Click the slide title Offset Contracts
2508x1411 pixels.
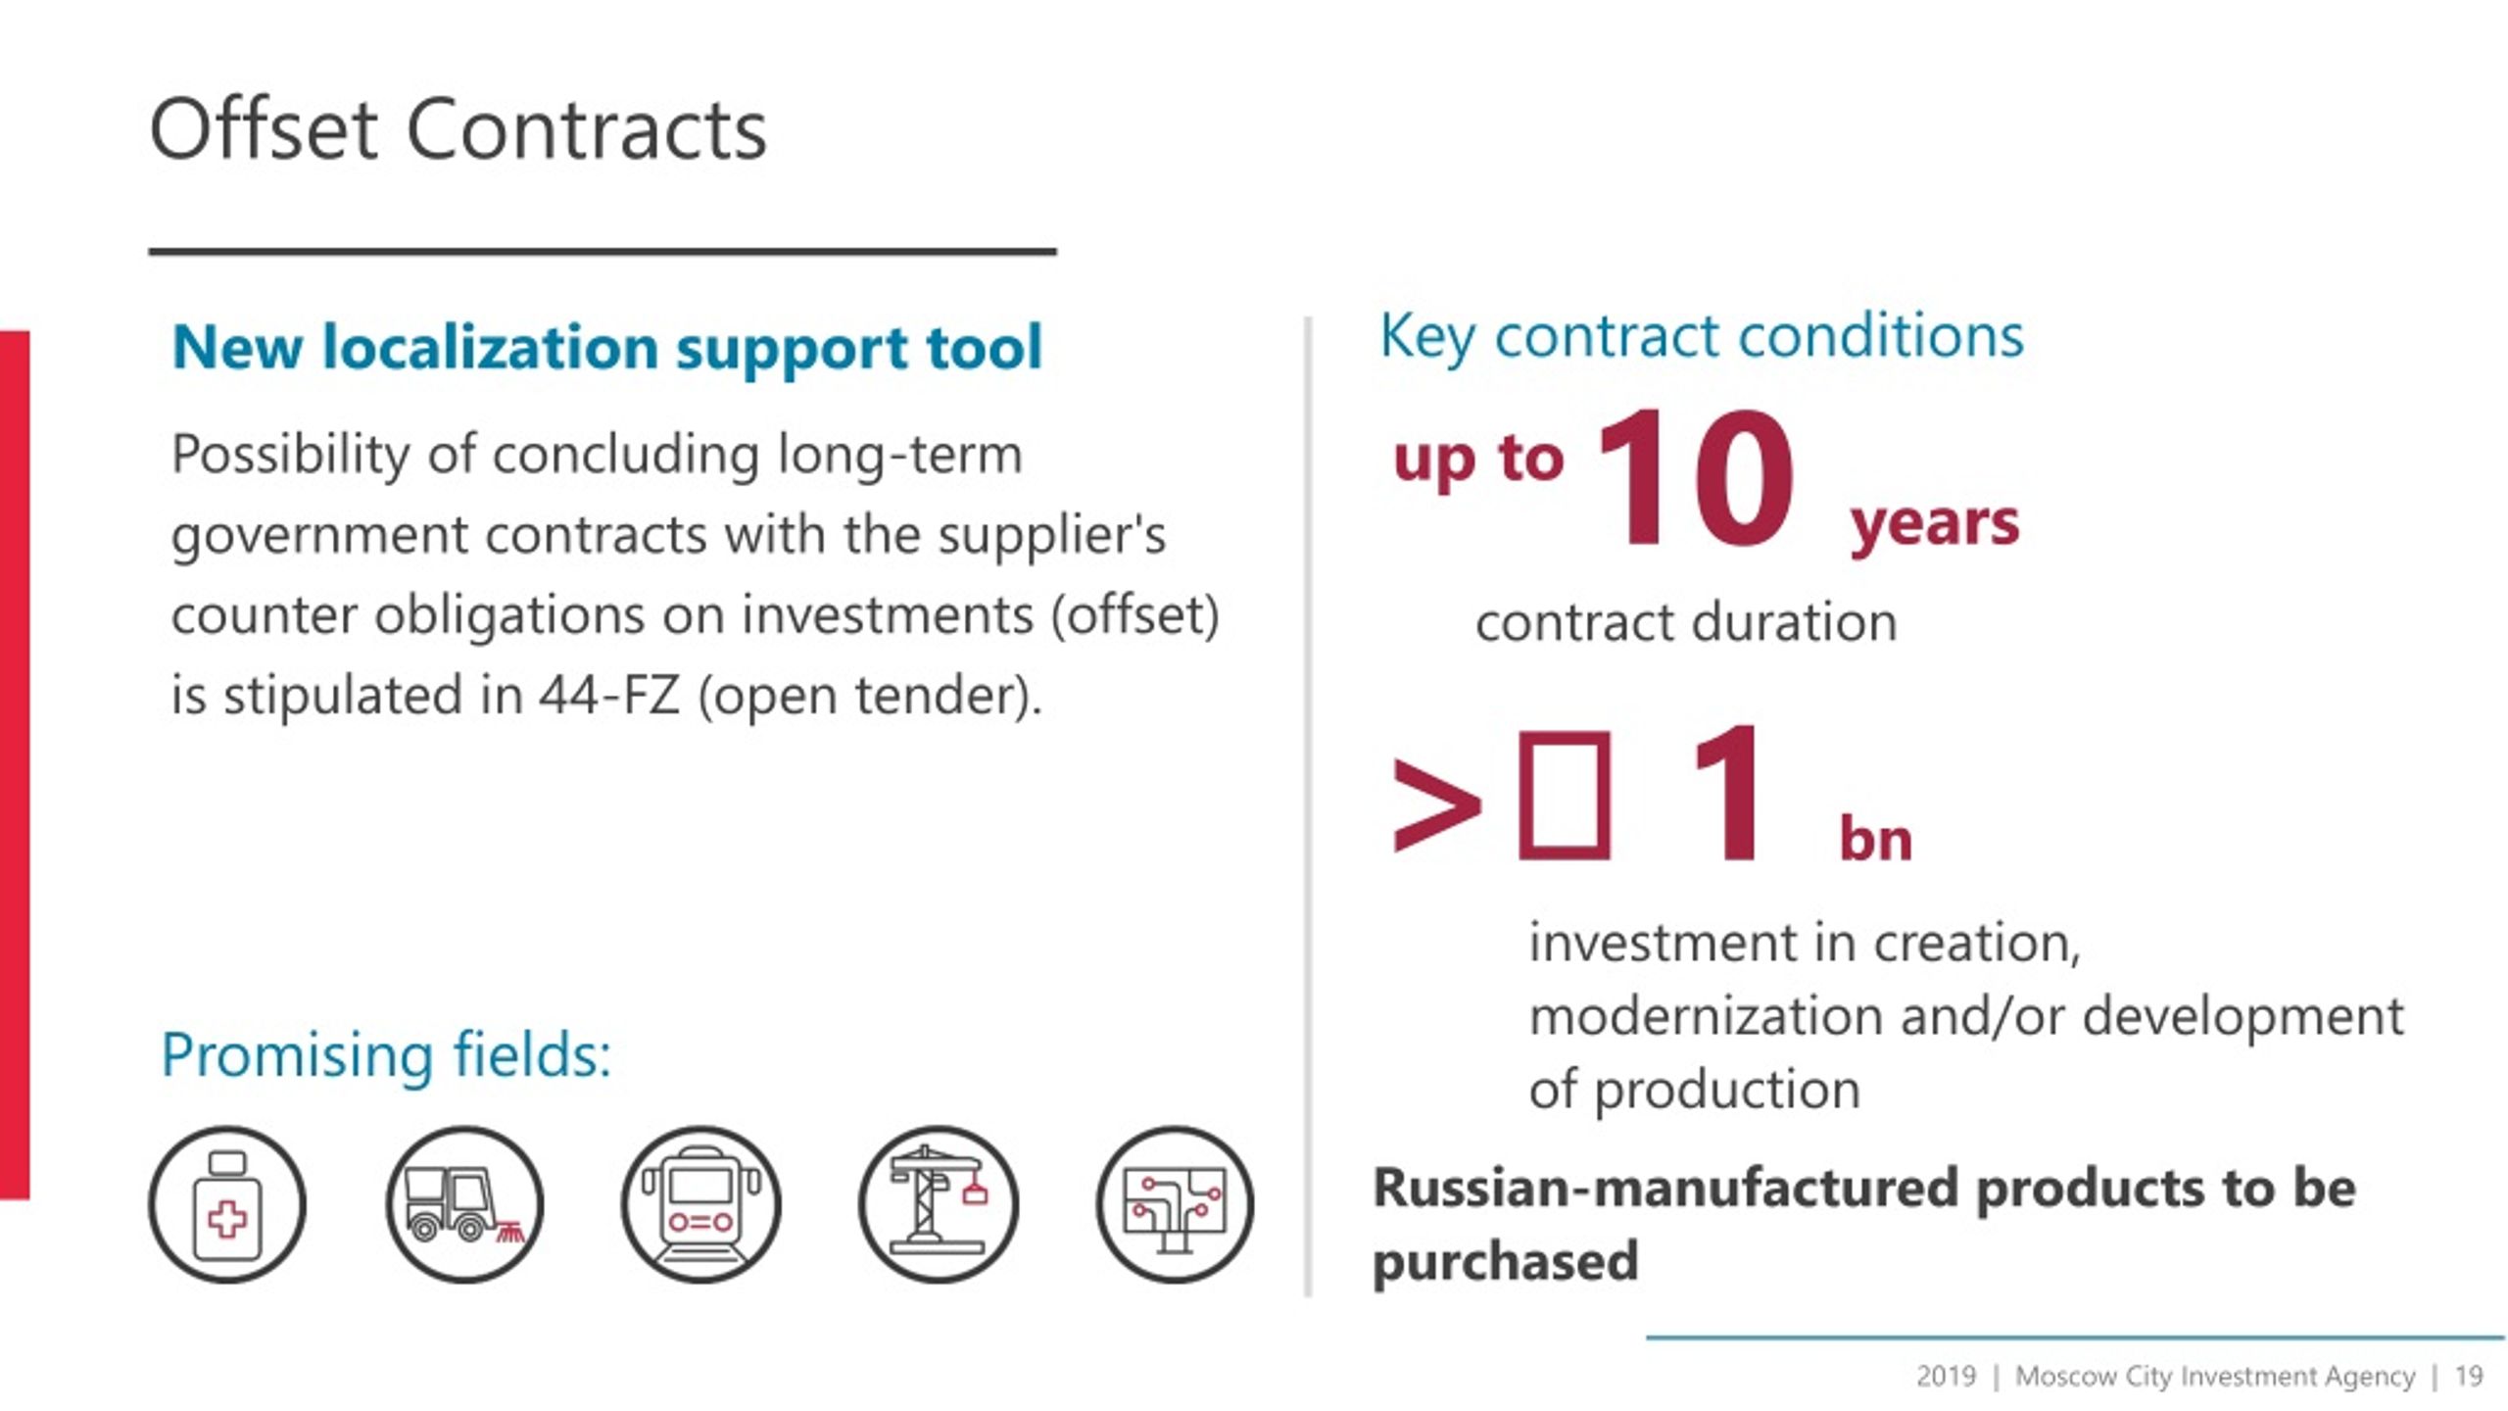click(x=458, y=130)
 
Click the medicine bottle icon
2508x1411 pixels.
click(x=227, y=1204)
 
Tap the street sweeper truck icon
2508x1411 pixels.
click(x=464, y=1204)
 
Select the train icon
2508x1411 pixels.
click(x=701, y=1204)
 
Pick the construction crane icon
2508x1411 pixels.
click(x=939, y=1204)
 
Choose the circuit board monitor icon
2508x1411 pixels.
click(x=1175, y=1204)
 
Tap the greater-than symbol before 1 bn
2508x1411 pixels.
click(x=1436, y=804)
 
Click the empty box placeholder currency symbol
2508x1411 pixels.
click(x=1564, y=796)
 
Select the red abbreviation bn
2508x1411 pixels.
click(x=1875, y=840)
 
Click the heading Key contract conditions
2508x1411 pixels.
click(x=1701, y=336)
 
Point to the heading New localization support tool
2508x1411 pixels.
click(x=606, y=347)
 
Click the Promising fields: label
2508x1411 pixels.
click(x=386, y=1055)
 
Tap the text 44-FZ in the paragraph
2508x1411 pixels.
click(x=609, y=696)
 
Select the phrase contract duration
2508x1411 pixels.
click(x=1686, y=622)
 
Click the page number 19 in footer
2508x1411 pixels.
click(x=2468, y=1377)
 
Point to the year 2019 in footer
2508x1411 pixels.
click(x=1946, y=1377)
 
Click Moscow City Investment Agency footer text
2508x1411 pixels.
click(x=2214, y=1377)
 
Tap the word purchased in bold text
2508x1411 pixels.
click(x=1505, y=1261)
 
